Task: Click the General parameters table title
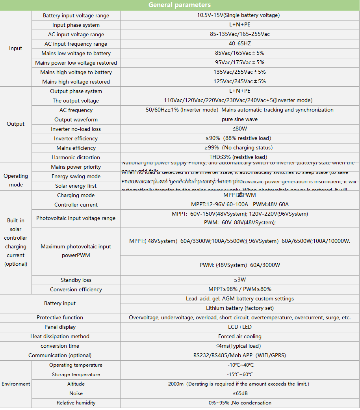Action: pos(180,5)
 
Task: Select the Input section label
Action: pos(16,48)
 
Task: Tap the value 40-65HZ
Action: pos(239,44)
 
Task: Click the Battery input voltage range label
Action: pos(76,15)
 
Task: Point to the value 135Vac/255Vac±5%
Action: pos(239,72)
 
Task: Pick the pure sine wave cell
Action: pos(239,119)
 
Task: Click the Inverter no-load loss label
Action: pos(76,129)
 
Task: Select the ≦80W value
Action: pos(239,129)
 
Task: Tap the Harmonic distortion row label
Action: pos(76,157)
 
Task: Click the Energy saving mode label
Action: pos(76,176)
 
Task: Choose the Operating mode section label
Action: pos(16,181)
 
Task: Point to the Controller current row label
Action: pos(76,205)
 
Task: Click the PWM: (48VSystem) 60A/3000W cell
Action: pos(239,265)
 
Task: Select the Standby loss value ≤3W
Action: pos(239,280)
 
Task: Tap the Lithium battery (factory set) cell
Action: pos(239,308)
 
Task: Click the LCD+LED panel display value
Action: pos(239,327)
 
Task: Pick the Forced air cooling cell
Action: pos(239,337)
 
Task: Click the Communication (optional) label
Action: pos(60,356)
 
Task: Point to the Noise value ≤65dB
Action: pos(239,393)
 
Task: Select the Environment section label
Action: pos(16,384)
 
